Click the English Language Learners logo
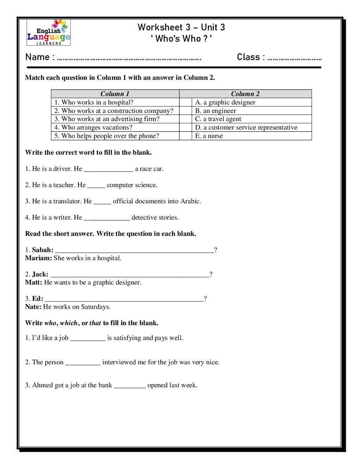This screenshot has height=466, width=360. [49, 32]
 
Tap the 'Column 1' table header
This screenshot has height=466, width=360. [115, 94]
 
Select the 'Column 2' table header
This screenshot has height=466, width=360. [245, 94]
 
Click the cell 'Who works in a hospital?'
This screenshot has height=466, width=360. [97, 102]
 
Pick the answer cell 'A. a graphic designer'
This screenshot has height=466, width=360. [225, 102]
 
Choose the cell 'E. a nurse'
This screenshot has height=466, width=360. [209, 136]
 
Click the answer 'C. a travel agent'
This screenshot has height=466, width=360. [218, 119]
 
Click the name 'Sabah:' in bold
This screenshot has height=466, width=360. [43, 250]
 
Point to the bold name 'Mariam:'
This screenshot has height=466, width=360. [38, 258]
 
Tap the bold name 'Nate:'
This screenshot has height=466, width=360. [33, 307]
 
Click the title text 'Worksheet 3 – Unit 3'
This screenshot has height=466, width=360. [181, 27]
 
